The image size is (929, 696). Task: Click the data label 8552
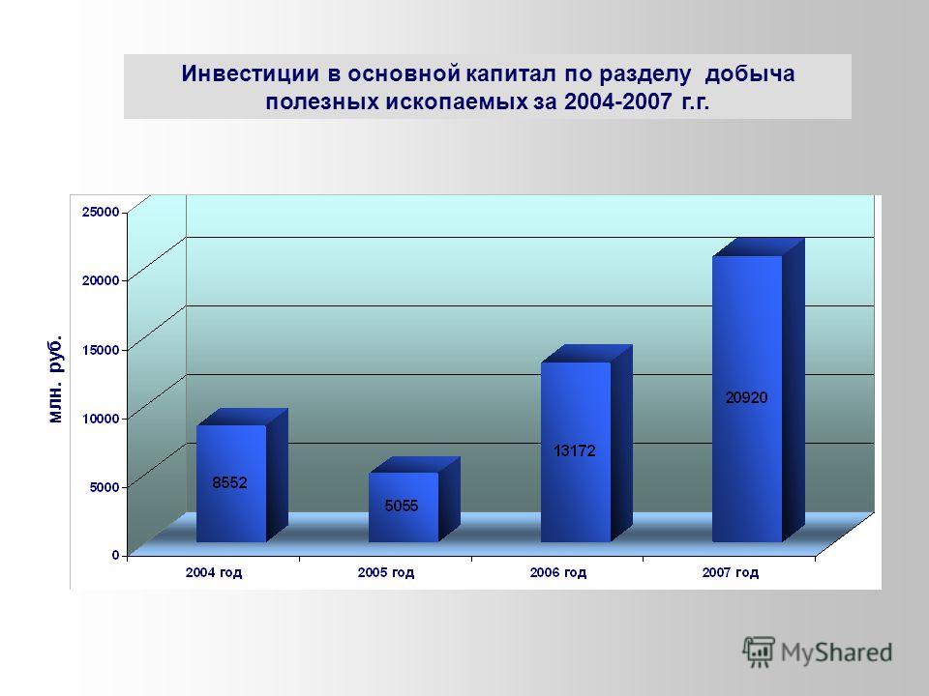230,483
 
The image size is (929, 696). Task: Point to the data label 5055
401,506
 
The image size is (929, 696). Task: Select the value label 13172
574,451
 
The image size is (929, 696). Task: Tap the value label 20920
746,397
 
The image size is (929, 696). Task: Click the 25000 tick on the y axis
101,212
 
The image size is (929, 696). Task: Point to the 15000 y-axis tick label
101,350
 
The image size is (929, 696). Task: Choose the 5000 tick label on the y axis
105,487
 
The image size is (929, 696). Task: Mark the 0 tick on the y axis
116,555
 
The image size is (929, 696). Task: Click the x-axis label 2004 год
214,573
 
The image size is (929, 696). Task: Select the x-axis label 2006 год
558,573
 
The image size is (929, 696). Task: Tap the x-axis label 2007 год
731,573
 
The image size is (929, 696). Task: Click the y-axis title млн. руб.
55,379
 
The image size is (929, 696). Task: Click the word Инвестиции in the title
251,74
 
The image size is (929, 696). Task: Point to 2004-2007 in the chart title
618,101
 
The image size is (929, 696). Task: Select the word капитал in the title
511,74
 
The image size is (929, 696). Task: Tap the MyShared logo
818,652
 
